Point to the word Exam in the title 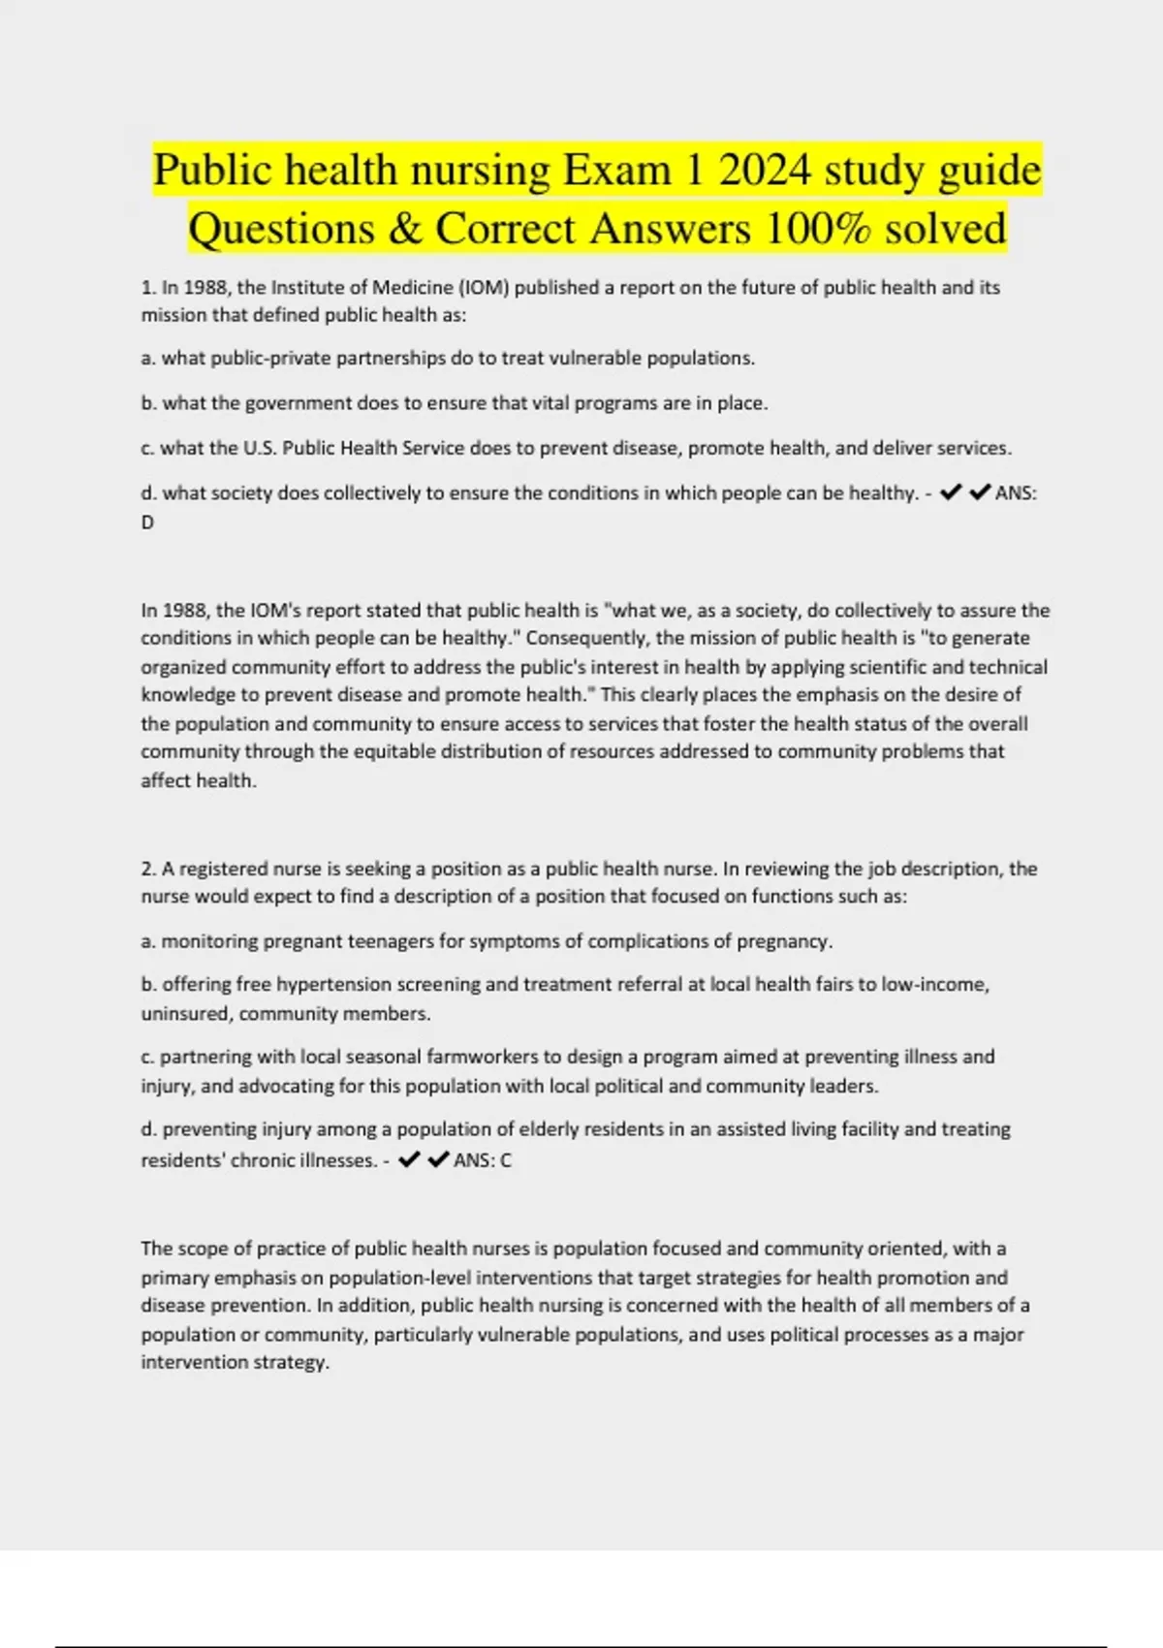[616, 171]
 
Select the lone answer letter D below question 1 [147, 522]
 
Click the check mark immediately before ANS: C [438, 1159]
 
